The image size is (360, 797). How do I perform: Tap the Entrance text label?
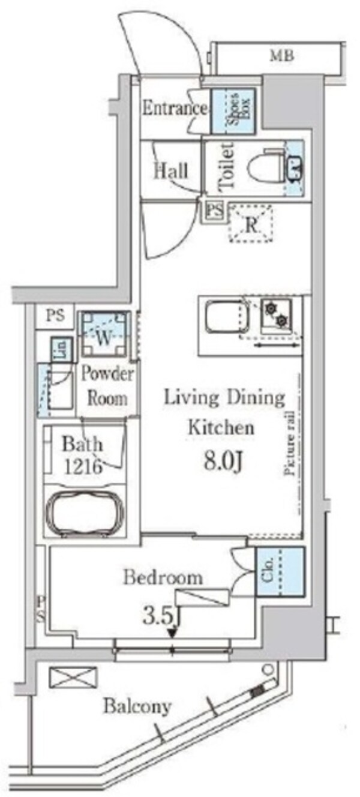coord(175,109)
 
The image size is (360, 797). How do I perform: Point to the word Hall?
coord(171,170)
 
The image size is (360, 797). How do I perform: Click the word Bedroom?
coord(163,577)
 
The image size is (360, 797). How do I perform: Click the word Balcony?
coord(137,706)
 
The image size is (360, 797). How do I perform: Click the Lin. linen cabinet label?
coord(61,349)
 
